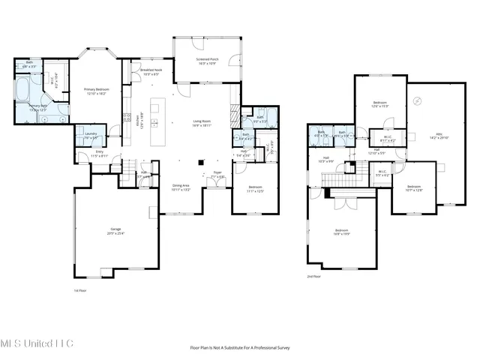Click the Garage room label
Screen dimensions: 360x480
pyautogui.click(x=115, y=232)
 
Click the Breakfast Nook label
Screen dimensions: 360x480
pyautogui.click(x=151, y=72)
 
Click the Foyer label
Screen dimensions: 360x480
pyautogui.click(x=217, y=175)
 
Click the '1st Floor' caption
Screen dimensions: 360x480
pyautogui.click(x=80, y=290)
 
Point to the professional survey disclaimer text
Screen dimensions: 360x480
pyautogui.click(x=240, y=347)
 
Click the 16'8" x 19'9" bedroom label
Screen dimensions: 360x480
pyautogui.click(x=341, y=232)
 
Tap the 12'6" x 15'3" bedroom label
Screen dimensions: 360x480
pyautogui.click(x=380, y=104)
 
